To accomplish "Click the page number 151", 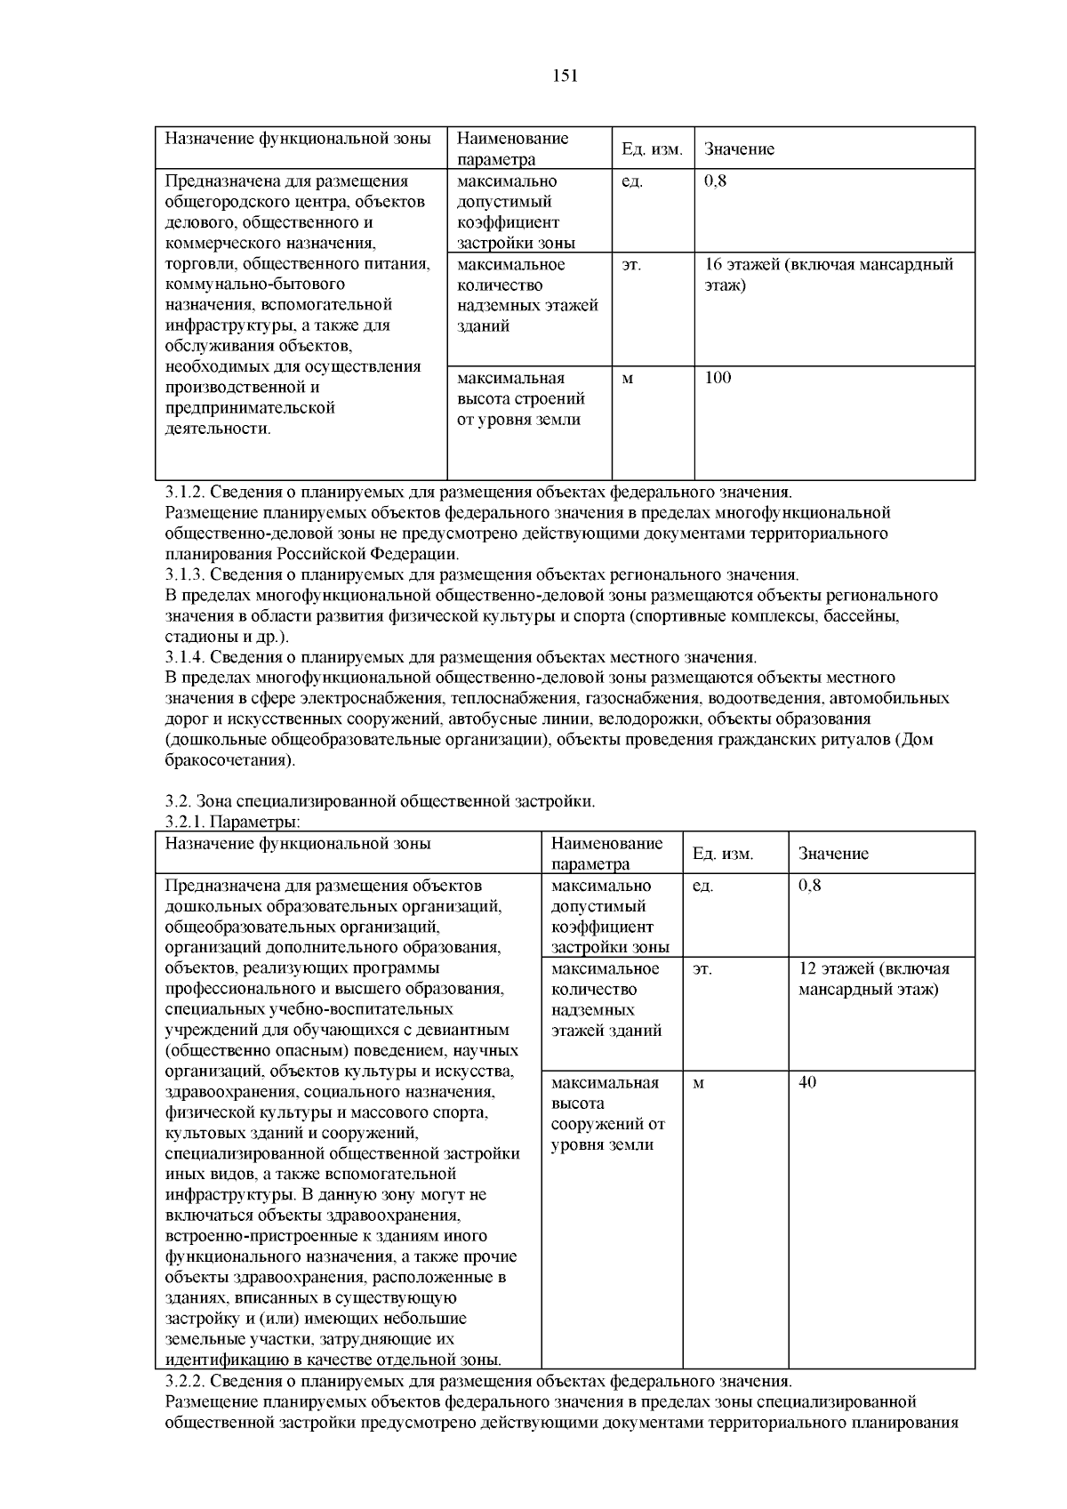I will (566, 76).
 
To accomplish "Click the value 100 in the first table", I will (718, 378).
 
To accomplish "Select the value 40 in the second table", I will (807, 1082).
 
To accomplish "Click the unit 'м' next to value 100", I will (628, 379).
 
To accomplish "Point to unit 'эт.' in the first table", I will (630, 264).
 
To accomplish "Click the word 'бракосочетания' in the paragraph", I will (227, 760).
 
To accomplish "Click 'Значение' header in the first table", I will (739, 149).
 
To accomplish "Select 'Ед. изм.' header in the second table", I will (722, 854).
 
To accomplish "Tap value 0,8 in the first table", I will (714, 181).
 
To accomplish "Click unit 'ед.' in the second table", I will (702, 887).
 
